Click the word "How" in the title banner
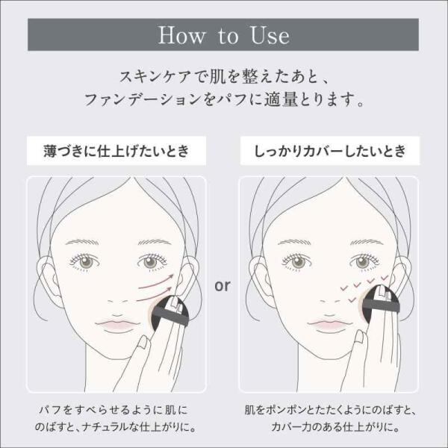tap(181, 35)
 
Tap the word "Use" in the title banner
tap(270, 35)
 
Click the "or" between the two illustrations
tap(223, 285)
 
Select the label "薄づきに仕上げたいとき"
tap(116, 151)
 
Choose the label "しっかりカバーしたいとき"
tap(330, 151)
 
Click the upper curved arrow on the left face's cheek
tap(157, 282)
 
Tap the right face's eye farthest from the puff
tap(296, 262)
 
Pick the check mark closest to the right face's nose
tap(352, 299)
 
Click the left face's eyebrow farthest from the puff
tap(82, 242)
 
